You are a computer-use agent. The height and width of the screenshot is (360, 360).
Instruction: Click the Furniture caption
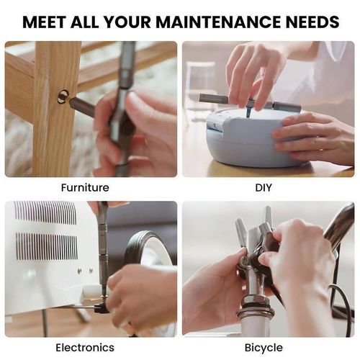coord(85,188)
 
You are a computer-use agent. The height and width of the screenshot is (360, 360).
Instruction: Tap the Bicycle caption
coord(264,348)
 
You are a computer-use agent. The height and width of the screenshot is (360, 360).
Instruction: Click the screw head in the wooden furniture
coord(63,96)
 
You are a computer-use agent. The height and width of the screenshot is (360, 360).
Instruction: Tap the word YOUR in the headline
coord(122,22)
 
